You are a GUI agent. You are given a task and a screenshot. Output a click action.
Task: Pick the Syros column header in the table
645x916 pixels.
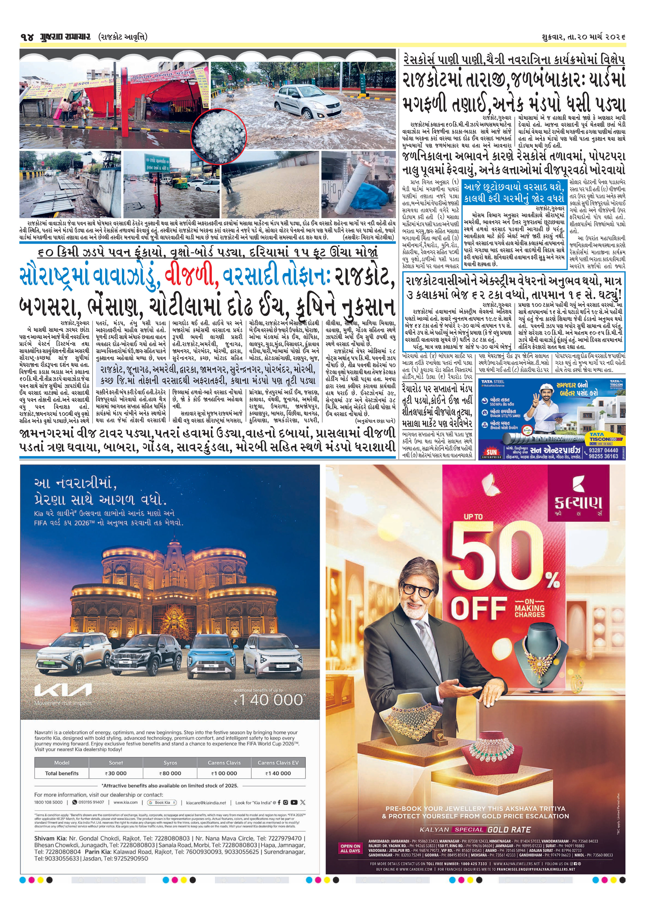pos(170,762)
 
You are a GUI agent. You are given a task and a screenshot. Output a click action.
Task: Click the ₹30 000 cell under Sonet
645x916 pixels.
pos(116,773)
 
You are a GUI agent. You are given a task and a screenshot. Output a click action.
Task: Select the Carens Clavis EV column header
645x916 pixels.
pos(278,762)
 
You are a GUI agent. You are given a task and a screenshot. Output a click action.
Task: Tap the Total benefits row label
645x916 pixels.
pos(62,773)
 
